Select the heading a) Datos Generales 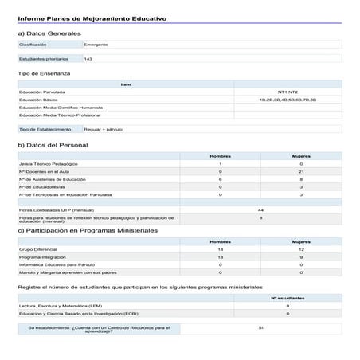click(49, 34)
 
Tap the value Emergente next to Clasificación click(96, 45)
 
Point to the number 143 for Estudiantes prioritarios click(88, 59)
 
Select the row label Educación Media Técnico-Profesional click(58, 115)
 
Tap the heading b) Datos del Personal click(53, 145)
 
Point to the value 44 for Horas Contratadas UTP click(260, 209)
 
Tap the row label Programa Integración click(40, 256)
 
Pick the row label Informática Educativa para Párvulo click(54, 264)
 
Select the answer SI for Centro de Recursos click(260, 327)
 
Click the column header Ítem click(126, 84)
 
